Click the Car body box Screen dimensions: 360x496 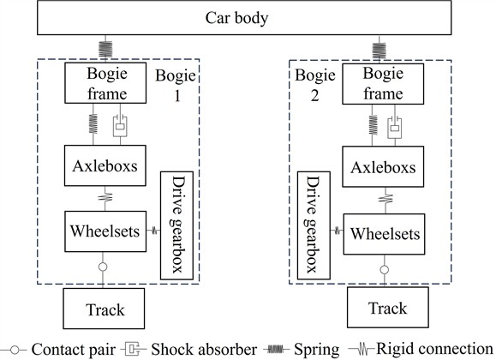tap(247, 17)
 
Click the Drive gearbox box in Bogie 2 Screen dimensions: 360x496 tap(314, 225)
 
